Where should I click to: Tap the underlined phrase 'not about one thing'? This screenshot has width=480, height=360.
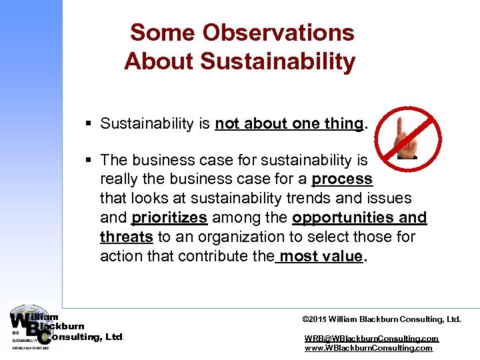(289, 123)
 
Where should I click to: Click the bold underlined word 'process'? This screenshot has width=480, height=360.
(342, 179)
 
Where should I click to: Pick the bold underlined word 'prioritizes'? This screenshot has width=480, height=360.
(169, 218)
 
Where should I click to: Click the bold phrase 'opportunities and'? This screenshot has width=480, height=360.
(359, 218)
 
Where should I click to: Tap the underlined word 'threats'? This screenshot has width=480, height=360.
(127, 237)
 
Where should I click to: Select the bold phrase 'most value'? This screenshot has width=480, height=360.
(321, 257)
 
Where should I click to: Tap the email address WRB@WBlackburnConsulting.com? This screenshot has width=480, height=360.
(371, 339)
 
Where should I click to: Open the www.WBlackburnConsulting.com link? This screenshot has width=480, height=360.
(368, 348)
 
